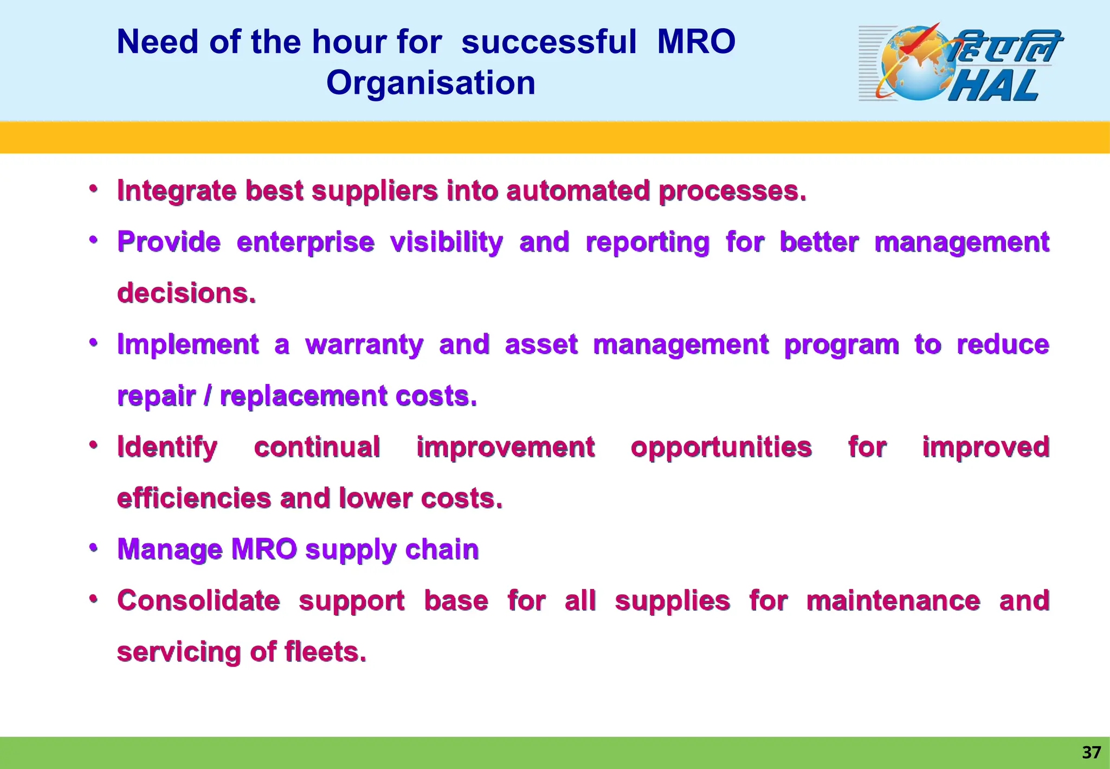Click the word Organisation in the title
coord(431,83)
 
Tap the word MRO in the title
coord(696,42)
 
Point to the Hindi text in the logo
coord(1005,46)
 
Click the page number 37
coord(1091,752)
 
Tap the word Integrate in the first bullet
coord(177,191)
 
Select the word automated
coord(578,191)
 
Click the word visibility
coord(447,242)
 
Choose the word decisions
coord(186,293)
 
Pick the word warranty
coord(364,344)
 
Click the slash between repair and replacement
coord(208,396)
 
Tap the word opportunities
coord(721,447)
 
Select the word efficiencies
coord(194,498)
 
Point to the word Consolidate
coord(198,600)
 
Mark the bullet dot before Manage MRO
coord(94,548)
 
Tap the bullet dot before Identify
coord(94,445)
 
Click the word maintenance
coord(893,600)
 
